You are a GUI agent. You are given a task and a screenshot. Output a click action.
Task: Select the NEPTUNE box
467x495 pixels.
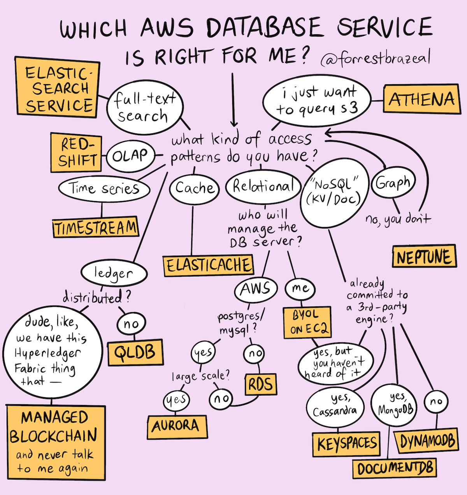point(424,257)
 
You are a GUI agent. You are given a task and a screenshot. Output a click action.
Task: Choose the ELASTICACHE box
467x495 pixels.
point(208,265)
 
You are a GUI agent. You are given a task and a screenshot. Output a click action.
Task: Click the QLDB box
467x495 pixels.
point(135,352)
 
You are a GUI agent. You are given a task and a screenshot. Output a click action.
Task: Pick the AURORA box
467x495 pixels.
point(177,426)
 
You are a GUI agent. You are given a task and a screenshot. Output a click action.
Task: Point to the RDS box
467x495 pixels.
point(261,384)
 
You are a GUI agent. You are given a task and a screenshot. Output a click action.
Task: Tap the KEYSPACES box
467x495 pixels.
point(347,444)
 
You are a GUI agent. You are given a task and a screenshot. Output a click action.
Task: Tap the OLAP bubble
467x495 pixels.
point(130,156)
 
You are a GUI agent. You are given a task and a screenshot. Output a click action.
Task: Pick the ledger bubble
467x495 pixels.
point(114,274)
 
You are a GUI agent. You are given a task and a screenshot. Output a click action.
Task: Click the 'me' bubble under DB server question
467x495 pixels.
point(300,288)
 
